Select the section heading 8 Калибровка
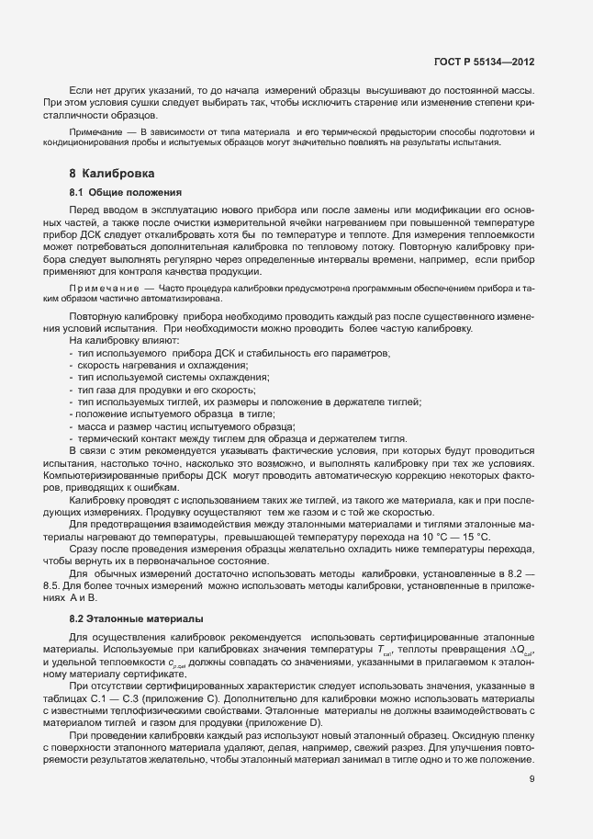tap(111, 174)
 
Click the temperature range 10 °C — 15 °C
tap(455, 536)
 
